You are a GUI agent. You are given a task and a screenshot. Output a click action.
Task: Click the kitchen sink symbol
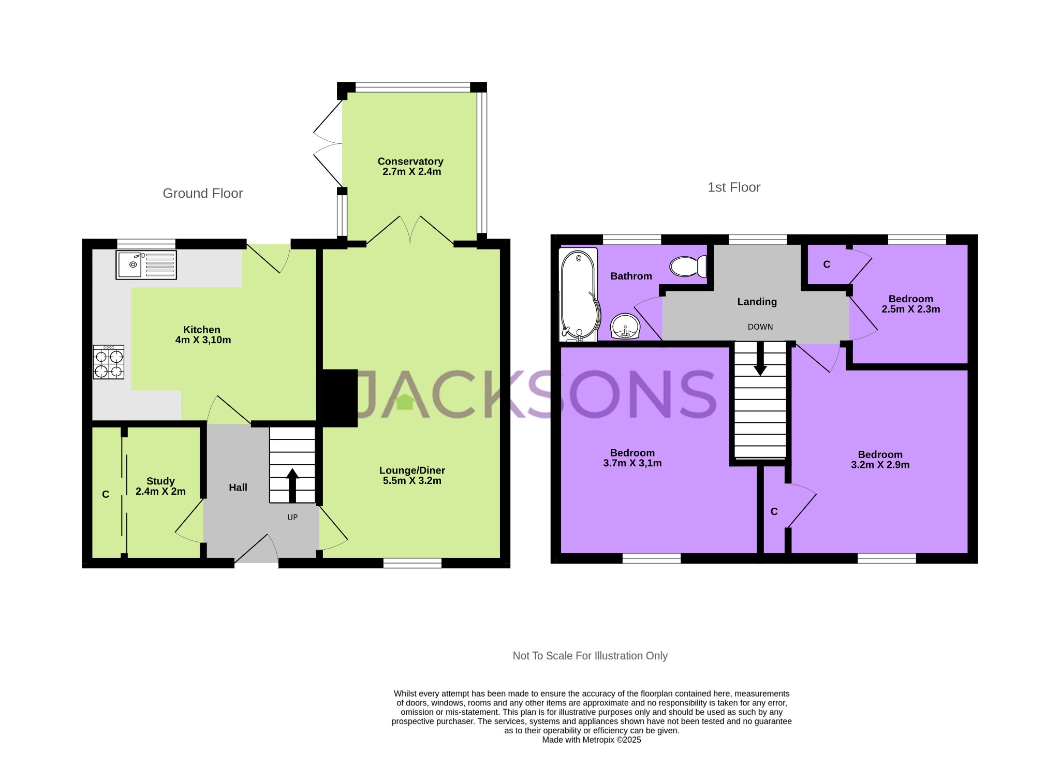tap(146, 264)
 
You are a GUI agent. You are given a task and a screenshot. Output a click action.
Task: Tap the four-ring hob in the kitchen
tap(109, 362)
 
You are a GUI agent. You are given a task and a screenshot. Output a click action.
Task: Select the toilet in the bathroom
tap(688, 267)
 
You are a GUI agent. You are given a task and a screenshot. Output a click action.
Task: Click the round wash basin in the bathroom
tap(625, 327)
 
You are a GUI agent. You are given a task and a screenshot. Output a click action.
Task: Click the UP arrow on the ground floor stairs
tap(292, 484)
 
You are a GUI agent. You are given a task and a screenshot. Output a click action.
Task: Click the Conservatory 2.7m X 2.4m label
tap(411, 167)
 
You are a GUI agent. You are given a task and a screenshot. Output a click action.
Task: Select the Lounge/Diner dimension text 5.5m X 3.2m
tap(412, 481)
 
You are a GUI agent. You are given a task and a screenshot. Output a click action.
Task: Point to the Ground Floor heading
tap(202, 193)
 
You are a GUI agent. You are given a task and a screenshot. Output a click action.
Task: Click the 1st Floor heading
tap(733, 187)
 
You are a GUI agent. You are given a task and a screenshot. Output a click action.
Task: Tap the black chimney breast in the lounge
tap(340, 397)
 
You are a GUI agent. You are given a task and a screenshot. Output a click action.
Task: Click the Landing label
tap(757, 302)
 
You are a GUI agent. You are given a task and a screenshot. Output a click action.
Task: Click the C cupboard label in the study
tap(106, 495)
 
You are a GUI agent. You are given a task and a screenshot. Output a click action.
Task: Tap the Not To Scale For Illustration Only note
tap(590, 656)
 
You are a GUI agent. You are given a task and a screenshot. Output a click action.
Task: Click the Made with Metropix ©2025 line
tap(591, 740)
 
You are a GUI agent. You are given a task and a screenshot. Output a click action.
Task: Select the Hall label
tap(238, 488)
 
